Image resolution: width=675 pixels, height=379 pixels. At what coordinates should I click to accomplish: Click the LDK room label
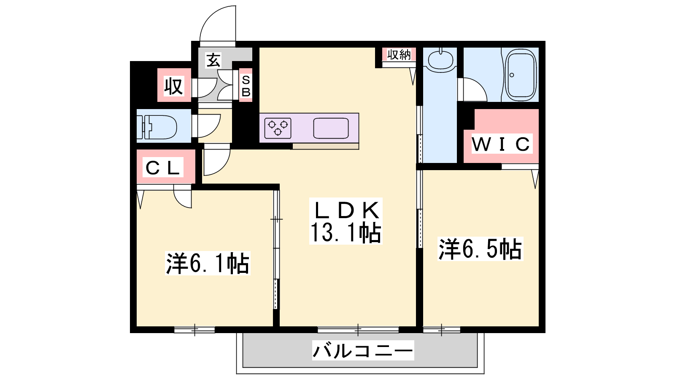pos(346,210)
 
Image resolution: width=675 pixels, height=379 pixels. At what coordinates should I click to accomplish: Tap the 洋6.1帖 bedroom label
pos(208,264)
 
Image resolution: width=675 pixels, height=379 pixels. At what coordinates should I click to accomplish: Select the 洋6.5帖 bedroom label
pos(480,249)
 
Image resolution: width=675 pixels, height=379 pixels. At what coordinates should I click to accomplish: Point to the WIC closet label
pos(501,144)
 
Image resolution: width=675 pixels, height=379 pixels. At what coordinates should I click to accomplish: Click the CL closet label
pos(163,168)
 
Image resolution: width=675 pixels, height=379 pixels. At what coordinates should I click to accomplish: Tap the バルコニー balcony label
pos(362,351)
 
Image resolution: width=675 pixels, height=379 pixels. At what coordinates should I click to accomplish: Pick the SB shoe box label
pos(246,86)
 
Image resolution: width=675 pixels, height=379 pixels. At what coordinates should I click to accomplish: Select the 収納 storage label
pos(399,55)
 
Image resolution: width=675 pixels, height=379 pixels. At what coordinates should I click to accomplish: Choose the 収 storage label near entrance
pos(173,86)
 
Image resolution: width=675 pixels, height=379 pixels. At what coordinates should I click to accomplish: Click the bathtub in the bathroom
pos(521,75)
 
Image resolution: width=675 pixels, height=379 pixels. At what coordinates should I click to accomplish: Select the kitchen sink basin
pos(331,128)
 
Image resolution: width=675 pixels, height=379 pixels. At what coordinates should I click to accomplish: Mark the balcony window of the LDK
pos(358,330)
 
